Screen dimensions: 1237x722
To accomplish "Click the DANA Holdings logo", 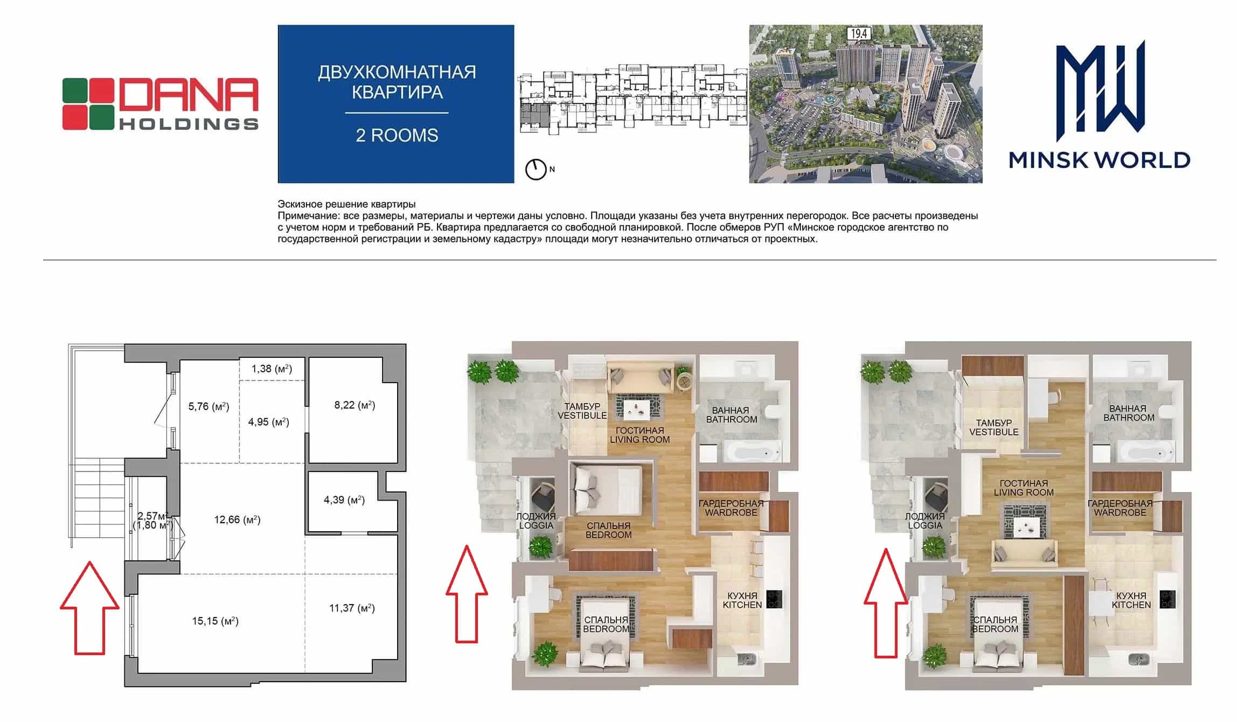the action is click(160, 103).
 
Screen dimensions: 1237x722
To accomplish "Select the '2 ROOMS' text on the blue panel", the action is click(397, 135).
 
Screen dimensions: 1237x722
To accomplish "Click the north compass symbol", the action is click(536, 169).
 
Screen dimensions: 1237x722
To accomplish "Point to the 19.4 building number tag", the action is click(859, 33).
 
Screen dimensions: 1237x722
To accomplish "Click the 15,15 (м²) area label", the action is click(215, 621).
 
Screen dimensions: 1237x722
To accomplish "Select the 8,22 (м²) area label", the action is click(355, 405).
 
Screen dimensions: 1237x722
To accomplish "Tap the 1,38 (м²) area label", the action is click(272, 369).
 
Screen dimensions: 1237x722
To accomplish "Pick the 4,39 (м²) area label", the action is click(344, 499).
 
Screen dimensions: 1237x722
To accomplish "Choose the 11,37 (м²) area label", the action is click(352, 608).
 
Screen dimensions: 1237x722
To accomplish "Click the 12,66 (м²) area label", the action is click(237, 519).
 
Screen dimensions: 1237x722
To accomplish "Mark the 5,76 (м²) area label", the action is click(209, 406).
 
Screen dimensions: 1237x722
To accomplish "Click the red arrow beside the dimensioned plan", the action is click(89, 608).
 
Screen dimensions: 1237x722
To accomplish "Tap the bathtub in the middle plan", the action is click(750, 452).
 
